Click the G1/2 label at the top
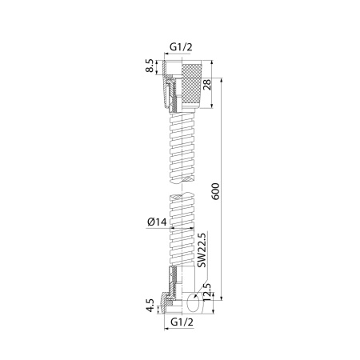click(181, 47)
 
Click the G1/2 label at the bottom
click(182, 322)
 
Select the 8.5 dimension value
click(150, 66)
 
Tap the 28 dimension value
click(207, 85)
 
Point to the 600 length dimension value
click(215, 191)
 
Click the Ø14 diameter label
click(157, 222)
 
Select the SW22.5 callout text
click(202, 250)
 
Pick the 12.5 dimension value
click(207, 293)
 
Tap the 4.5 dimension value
click(150, 306)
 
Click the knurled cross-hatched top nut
click(191, 85)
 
